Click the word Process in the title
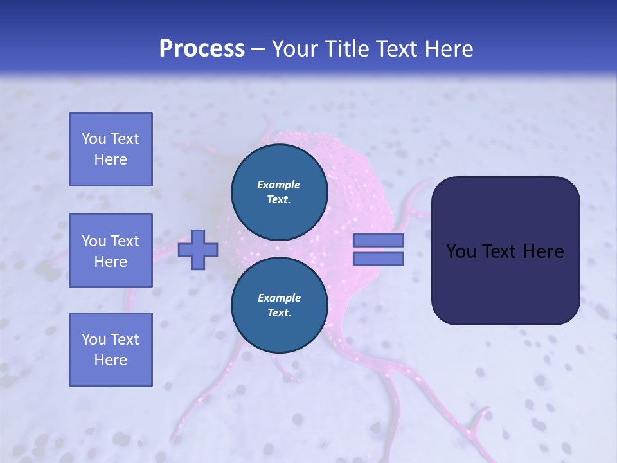pyautogui.click(x=202, y=49)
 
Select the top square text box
pyautogui.click(x=111, y=149)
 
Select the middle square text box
pyautogui.click(x=111, y=251)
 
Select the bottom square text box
pyautogui.click(x=111, y=350)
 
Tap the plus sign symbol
pyautogui.click(x=198, y=250)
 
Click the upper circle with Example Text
pyautogui.click(x=279, y=192)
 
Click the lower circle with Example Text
pyautogui.click(x=279, y=305)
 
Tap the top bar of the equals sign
pyautogui.click(x=378, y=241)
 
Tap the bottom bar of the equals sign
pyautogui.click(x=378, y=259)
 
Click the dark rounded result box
pyautogui.click(x=505, y=251)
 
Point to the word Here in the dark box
pyautogui.click(x=544, y=251)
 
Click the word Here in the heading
pyautogui.click(x=448, y=49)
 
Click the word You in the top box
pyautogui.click(x=94, y=139)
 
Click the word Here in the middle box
pyautogui.click(x=111, y=262)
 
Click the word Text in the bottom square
pyautogui.click(x=124, y=340)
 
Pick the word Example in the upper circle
pyautogui.click(x=279, y=185)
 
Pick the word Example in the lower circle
pyautogui.click(x=279, y=298)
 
